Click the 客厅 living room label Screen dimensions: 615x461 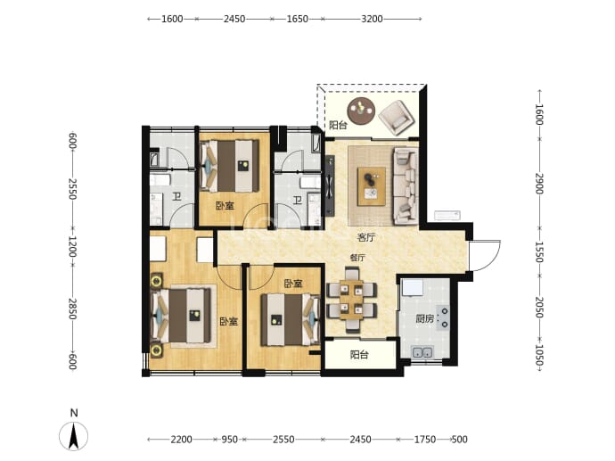pyautogui.click(x=366, y=238)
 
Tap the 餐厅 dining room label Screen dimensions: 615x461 pyautogui.click(x=357, y=258)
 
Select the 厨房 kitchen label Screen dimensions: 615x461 pyautogui.click(x=425, y=318)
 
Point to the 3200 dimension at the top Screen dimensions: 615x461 pyautogui.click(x=372, y=19)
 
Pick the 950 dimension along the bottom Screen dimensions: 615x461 pyautogui.click(x=229, y=440)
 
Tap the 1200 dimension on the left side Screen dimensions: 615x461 pyautogui.click(x=72, y=246)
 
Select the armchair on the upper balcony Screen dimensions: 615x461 pyautogui.click(x=397, y=118)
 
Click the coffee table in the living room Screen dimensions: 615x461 pyautogui.click(x=372, y=186)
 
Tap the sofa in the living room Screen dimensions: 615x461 pyautogui.click(x=406, y=186)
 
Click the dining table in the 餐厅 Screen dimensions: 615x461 pyautogui.click(x=351, y=300)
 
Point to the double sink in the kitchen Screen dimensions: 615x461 pyautogui.click(x=422, y=351)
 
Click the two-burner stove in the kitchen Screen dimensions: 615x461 pyautogui.click(x=443, y=317)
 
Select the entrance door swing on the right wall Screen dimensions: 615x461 pyautogui.click(x=486, y=255)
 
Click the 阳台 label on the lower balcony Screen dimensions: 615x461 pyautogui.click(x=359, y=355)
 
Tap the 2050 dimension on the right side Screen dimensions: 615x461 pyautogui.click(x=539, y=308)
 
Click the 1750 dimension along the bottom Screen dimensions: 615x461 pyautogui.click(x=425, y=440)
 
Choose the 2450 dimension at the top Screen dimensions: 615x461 pyautogui.click(x=234, y=19)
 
